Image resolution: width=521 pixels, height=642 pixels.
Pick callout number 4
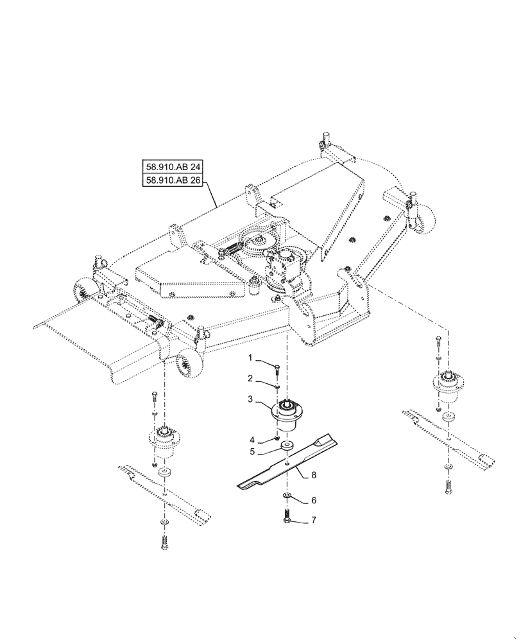click(x=252, y=440)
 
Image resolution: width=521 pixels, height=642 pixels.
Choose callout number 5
click(x=252, y=452)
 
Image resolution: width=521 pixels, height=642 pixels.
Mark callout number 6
click(x=314, y=476)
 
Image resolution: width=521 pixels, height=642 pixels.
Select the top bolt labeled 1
click(x=278, y=368)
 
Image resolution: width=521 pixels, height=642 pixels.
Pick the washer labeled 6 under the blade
click(x=286, y=497)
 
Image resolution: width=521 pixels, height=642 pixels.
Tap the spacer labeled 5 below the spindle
click(x=286, y=446)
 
